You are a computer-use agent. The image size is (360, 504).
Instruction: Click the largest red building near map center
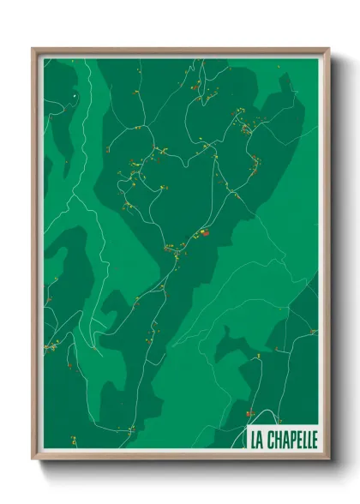(204, 231)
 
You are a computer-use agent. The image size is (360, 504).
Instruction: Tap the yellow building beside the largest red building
(197, 233)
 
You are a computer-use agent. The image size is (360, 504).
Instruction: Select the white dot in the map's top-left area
(75, 95)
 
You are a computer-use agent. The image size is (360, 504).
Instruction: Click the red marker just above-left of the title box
(240, 420)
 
